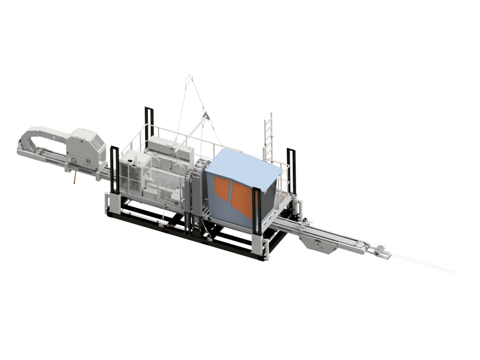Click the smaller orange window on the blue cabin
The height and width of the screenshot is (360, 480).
(222, 188)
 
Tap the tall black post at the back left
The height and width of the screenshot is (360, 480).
(149, 122)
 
